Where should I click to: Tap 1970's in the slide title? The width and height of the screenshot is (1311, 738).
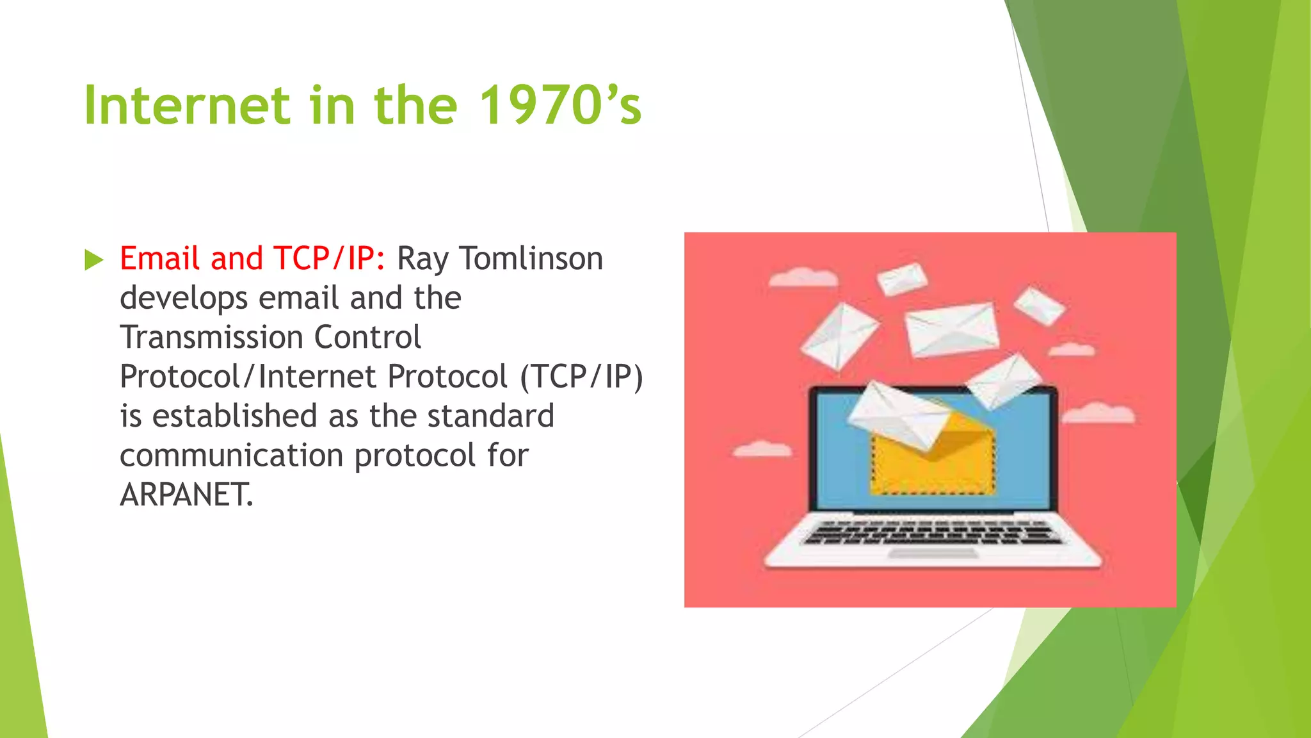pyautogui.click(x=559, y=105)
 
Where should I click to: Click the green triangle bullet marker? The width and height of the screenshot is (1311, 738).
pyautogui.click(x=93, y=260)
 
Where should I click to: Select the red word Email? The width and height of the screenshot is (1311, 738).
pyautogui.click(x=160, y=259)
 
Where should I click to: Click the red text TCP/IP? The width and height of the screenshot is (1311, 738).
pyautogui.click(x=329, y=259)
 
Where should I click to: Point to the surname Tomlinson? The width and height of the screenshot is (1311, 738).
pyautogui.click(x=531, y=259)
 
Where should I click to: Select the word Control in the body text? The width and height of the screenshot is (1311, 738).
pyautogui.click(x=367, y=338)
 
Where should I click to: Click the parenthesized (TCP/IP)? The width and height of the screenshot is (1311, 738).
pyautogui.click(x=581, y=377)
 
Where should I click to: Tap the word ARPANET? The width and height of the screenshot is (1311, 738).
pyautogui.click(x=186, y=495)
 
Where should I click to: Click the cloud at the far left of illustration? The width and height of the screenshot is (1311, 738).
pyautogui.click(x=762, y=450)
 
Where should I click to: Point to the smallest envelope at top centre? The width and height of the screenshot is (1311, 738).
pyautogui.click(x=902, y=279)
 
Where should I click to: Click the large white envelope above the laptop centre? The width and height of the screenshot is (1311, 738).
pyautogui.click(x=952, y=329)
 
